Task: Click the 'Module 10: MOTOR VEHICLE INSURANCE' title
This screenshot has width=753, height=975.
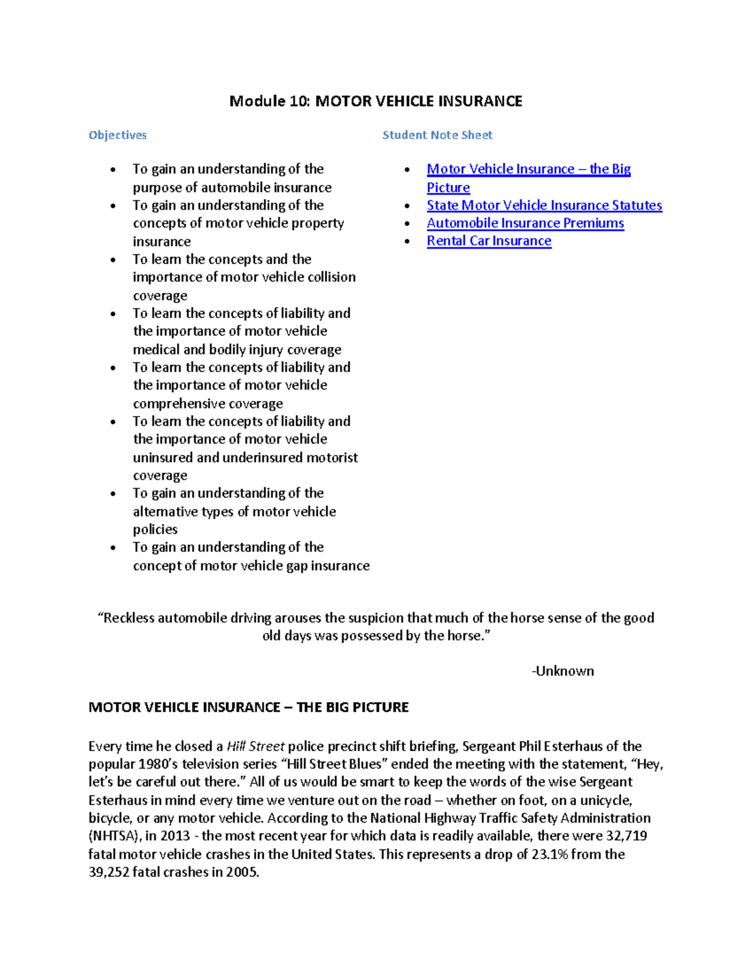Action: pos(375,101)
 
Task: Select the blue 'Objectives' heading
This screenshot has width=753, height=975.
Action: pos(117,135)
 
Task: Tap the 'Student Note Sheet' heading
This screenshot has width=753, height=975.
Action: pos(437,135)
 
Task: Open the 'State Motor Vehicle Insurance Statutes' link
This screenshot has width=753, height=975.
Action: pos(544,205)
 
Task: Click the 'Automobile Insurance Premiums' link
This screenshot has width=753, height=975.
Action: pos(525,223)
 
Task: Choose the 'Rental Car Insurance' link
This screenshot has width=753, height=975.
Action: pos(489,241)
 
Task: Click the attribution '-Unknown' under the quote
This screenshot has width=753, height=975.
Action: pos(562,671)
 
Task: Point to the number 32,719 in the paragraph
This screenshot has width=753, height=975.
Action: pos(626,836)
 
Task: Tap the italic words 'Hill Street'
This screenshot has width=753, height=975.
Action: pos(255,746)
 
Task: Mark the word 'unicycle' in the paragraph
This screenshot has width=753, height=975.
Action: pos(605,800)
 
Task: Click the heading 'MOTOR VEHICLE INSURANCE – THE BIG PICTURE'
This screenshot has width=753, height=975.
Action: pos(248,707)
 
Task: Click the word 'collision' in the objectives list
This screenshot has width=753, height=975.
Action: pos(331,277)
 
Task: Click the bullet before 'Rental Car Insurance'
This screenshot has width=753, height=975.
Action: pos(407,242)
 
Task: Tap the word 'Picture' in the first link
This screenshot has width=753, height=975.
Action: pos(448,188)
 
